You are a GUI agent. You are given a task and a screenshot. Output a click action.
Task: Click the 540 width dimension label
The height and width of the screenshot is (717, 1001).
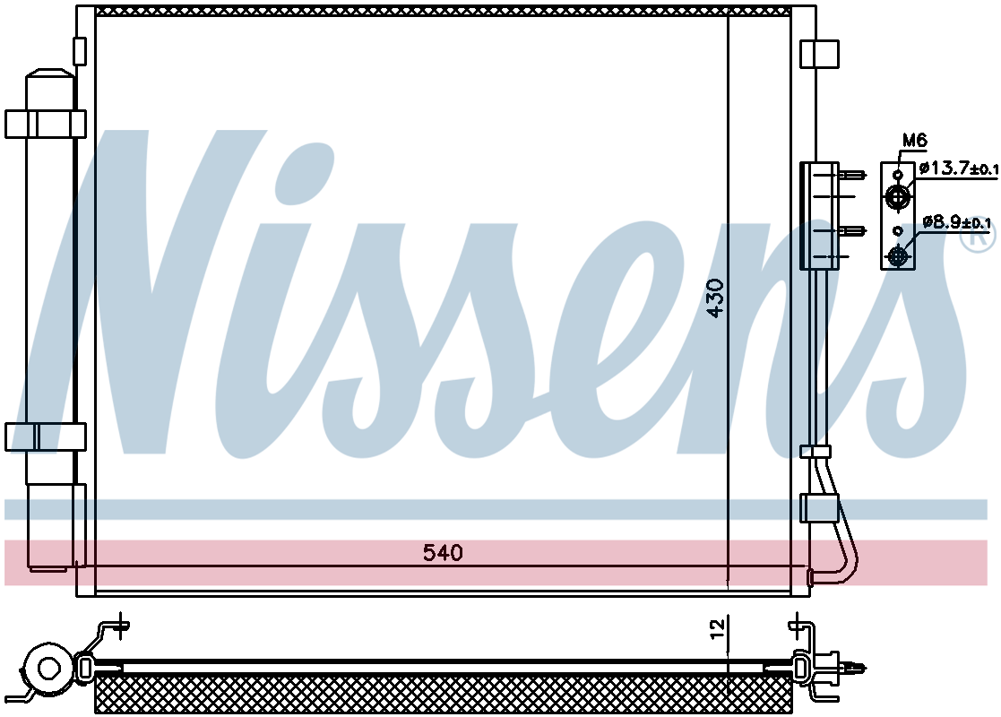443,552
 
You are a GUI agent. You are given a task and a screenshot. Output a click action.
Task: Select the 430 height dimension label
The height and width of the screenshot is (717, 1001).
716,298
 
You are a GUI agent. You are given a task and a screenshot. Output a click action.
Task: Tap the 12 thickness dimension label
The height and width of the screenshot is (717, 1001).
718,628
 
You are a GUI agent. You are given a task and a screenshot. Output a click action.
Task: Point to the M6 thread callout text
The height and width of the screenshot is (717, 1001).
914,140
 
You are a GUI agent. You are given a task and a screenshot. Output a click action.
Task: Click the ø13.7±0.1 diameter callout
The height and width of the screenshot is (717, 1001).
959,168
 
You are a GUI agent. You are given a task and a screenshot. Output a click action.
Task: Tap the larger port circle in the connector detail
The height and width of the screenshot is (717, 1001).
898,196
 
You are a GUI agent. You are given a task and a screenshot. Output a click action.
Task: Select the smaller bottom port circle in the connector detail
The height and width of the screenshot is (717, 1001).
898,256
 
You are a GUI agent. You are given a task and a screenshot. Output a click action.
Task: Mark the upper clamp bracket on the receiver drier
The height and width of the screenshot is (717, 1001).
46,124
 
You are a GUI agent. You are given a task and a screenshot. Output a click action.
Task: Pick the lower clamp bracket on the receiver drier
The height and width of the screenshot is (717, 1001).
46,436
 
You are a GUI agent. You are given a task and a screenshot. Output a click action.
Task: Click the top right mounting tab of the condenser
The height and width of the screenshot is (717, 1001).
819,54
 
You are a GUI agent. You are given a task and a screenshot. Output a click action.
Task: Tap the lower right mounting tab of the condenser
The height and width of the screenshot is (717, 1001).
819,508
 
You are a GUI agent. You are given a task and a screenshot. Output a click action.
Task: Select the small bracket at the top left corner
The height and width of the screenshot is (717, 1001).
80,51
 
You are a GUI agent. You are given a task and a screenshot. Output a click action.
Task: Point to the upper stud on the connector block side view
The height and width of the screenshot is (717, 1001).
853,174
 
